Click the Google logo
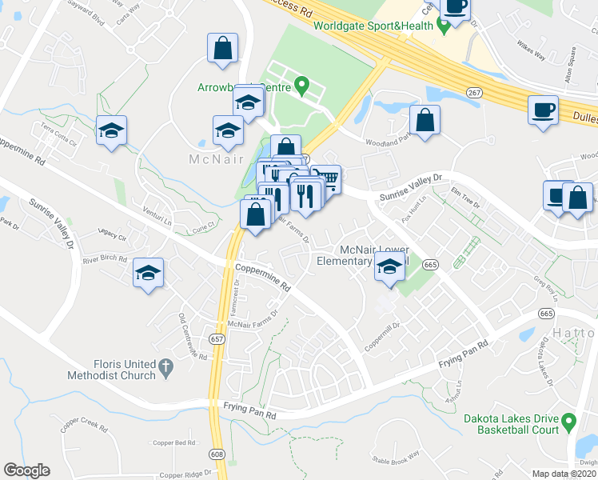pos(26,470)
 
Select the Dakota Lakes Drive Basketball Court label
pos(511,424)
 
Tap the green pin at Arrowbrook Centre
pos(301,84)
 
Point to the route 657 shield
pos(217,338)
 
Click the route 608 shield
pos(217,454)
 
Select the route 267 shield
pos(475,94)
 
